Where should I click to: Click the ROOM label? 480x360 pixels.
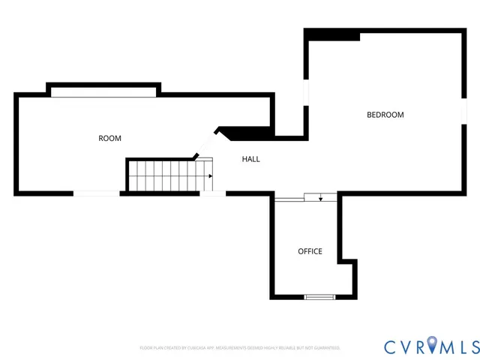click(109, 138)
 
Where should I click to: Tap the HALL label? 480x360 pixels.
click(250, 159)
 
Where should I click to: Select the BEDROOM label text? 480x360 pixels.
click(385, 115)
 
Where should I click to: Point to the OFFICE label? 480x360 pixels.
click(310, 251)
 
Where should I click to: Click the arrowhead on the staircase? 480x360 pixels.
click(211, 176)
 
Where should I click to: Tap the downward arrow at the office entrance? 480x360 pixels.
click(321, 198)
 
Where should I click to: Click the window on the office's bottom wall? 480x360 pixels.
click(319, 298)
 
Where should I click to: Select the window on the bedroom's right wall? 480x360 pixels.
click(463, 112)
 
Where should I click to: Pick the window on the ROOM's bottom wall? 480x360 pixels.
click(96, 193)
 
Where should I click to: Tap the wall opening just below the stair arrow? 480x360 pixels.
click(213, 193)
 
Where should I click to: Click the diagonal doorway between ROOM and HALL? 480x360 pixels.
click(206, 143)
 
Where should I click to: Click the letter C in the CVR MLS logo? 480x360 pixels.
click(391, 346)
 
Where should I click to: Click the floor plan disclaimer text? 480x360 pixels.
click(240, 348)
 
